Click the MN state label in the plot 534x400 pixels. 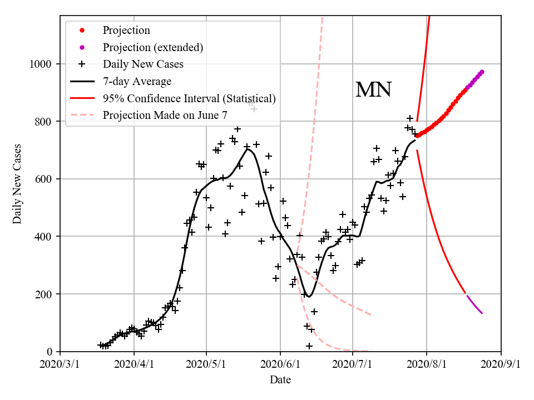(373, 90)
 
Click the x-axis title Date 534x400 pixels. (280, 380)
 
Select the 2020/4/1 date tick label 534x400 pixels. (133, 364)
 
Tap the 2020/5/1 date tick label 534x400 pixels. (206, 364)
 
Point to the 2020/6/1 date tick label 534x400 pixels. (280, 364)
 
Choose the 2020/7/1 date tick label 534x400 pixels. (353, 364)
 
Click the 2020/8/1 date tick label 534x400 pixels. (427, 364)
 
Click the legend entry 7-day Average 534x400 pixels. (137, 82)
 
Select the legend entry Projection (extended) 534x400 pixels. (153, 47)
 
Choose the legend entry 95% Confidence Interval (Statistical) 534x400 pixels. (189, 99)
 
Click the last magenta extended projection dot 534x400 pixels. (482, 72)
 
